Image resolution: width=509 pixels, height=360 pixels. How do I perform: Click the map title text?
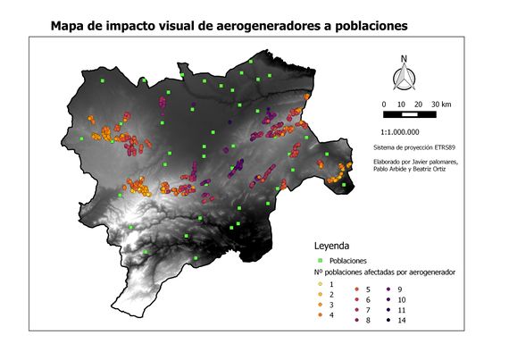229,27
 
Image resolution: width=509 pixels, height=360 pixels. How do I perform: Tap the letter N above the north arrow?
404,60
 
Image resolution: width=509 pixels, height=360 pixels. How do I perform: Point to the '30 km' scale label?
441,104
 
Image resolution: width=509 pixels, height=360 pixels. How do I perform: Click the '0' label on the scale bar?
384,104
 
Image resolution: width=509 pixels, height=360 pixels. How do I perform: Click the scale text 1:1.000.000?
400,131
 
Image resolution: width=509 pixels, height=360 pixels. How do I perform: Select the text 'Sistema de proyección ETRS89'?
413,147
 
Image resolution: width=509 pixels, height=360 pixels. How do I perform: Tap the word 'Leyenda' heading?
330,245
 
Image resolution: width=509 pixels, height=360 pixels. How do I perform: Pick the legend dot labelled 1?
319,283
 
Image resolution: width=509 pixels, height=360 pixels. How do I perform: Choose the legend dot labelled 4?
319,315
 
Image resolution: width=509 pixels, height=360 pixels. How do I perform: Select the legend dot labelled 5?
356,289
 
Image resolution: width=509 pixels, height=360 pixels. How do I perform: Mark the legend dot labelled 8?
356,320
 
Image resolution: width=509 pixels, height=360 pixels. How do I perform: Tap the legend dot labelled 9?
388,289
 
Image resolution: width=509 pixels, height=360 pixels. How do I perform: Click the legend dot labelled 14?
388,320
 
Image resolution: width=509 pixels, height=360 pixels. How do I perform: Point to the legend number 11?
401,310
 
